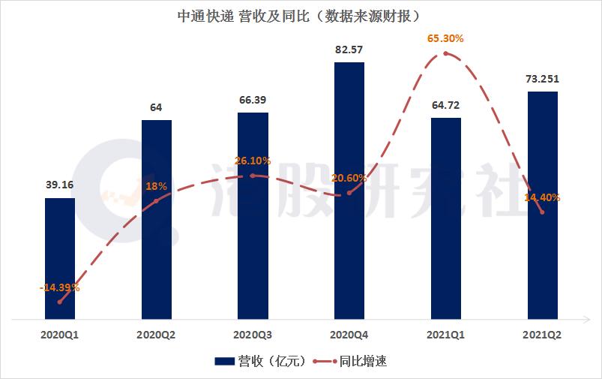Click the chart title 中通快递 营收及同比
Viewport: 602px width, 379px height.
click(x=300, y=14)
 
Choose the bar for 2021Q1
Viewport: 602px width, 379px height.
click(x=446, y=218)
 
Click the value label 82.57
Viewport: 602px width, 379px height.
click(x=349, y=50)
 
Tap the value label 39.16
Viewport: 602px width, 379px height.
click(x=60, y=185)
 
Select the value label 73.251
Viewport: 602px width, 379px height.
click(x=542, y=79)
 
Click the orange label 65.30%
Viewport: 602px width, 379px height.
click(x=445, y=37)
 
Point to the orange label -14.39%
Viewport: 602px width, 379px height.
click(x=59, y=287)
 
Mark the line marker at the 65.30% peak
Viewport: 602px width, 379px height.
click(x=446, y=53)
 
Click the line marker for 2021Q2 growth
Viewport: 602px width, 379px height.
click(x=542, y=212)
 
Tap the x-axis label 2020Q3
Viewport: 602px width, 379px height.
click(x=253, y=335)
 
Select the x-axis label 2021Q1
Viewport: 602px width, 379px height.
click(x=446, y=335)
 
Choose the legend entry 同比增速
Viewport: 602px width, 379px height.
click(x=349, y=361)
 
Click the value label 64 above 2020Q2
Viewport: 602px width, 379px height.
click(x=156, y=107)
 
